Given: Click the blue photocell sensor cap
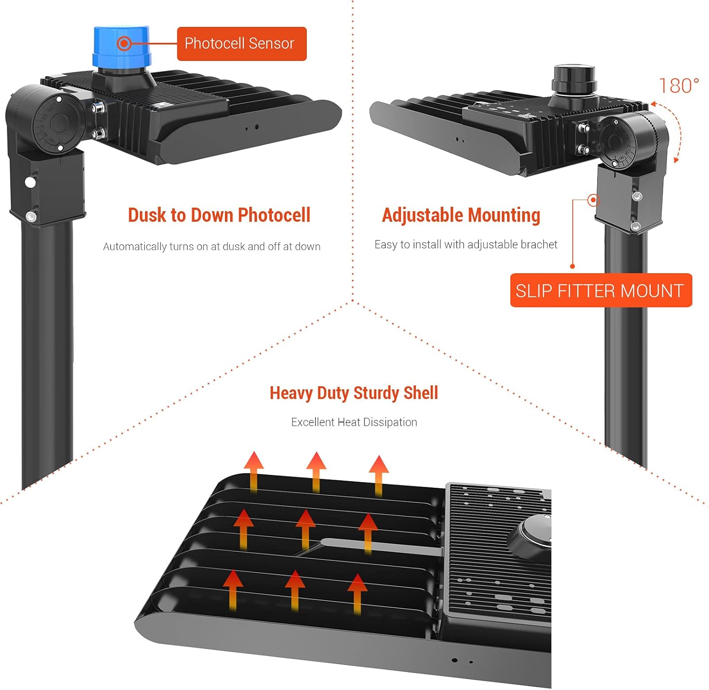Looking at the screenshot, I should tap(122, 47).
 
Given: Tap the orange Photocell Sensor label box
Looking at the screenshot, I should tap(242, 43).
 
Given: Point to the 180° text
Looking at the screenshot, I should tap(678, 86).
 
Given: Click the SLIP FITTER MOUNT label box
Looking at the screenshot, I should tap(600, 290).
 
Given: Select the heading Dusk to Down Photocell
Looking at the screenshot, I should tap(219, 215).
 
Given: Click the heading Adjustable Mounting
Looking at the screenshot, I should tap(461, 215).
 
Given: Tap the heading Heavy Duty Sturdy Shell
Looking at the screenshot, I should tap(354, 393).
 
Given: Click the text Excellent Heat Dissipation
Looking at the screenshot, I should tap(354, 422).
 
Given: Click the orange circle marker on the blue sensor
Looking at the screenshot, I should tap(124, 43).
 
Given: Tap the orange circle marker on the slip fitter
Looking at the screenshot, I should tap(593, 200).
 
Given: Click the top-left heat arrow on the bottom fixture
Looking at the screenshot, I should tap(254, 470).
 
